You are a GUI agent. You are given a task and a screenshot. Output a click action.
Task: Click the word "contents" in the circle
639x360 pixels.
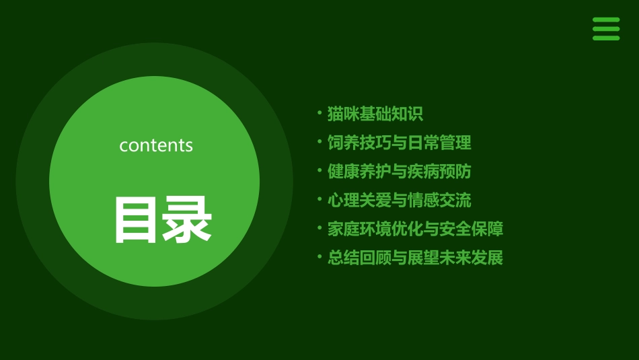[x=156, y=145]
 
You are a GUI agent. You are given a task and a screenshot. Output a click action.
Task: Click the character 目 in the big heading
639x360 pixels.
[x=137, y=220]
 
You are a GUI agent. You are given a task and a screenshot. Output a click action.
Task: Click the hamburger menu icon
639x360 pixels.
[x=606, y=29]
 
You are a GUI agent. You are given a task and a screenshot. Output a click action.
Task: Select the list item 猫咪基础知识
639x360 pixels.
[x=375, y=114]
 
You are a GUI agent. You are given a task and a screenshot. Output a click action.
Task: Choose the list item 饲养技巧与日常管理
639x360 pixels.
[x=399, y=143]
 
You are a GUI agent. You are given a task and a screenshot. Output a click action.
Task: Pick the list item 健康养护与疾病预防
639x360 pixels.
[x=399, y=172]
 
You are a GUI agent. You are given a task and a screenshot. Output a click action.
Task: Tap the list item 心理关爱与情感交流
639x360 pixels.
[x=399, y=201]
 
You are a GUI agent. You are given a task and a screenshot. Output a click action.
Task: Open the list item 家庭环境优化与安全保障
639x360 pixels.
[x=415, y=229]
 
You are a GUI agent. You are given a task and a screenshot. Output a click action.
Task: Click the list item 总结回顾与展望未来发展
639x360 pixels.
[x=415, y=258]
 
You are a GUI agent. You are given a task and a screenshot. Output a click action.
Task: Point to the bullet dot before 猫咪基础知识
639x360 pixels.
[x=319, y=112]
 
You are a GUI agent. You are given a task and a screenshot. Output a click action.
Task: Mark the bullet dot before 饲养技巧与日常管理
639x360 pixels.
[x=319, y=141]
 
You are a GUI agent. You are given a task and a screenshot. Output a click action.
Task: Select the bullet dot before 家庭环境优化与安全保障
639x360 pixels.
[x=319, y=227]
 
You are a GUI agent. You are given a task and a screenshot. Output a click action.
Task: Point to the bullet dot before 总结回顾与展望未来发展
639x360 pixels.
[x=319, y=256]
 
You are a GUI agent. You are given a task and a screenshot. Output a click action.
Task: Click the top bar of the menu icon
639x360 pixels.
[x=606, y=20]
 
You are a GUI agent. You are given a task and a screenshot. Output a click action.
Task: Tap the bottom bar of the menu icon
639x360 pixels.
[x=606, y=38]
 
